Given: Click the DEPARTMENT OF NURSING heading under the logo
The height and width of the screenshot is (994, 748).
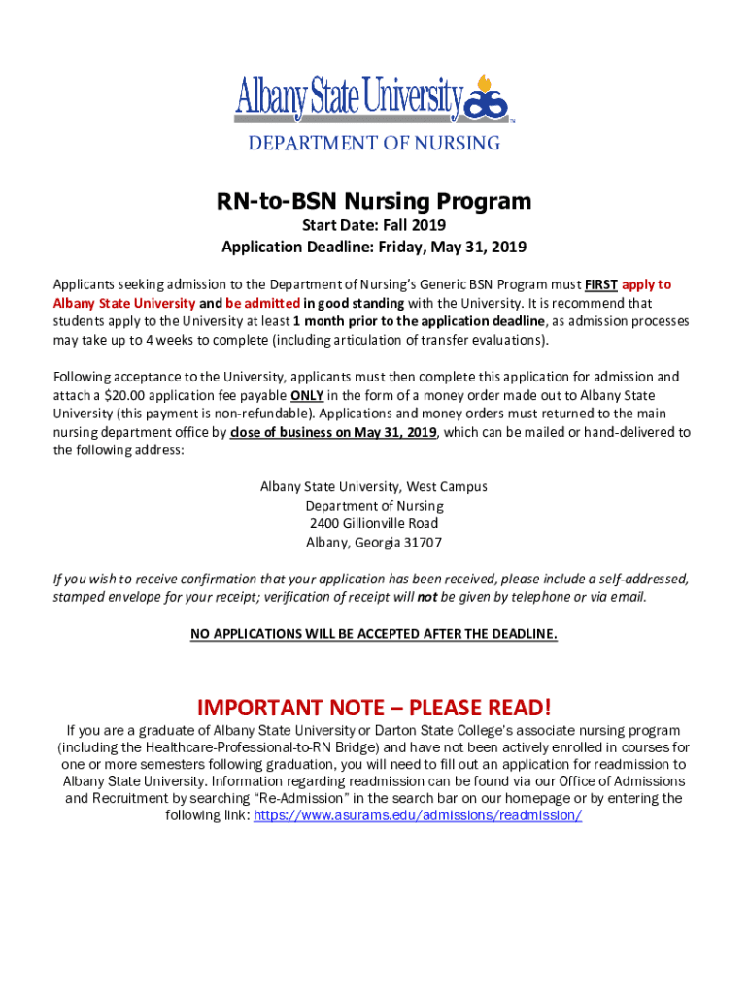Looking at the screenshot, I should (x=374, y=144).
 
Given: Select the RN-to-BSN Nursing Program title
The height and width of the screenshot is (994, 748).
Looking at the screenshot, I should (x=374, y=201).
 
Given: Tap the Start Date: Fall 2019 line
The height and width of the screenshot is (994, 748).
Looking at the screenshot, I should (x=374, y=226).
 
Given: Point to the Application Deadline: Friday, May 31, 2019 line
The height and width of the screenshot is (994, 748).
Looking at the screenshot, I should (x=374, y=247).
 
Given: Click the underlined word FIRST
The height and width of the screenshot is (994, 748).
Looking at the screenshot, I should (x=600, y=284).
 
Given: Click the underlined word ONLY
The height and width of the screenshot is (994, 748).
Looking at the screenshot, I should (x=307, y=395).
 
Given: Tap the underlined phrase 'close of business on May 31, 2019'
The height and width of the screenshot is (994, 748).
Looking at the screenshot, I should (x=334, y=432).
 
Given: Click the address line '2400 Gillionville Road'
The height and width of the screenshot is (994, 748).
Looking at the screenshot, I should (x=374, y=523).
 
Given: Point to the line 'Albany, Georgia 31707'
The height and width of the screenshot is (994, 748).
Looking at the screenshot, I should (x=374, y=542).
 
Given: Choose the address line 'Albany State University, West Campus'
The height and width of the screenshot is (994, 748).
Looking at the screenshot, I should (x=374, y=486).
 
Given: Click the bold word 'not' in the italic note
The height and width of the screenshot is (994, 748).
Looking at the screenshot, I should (x=426, y=597).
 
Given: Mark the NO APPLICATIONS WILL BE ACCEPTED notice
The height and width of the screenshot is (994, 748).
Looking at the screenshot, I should (x=374, y=634).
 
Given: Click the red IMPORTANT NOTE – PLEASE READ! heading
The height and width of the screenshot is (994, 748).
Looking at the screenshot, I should (x=374, y=706).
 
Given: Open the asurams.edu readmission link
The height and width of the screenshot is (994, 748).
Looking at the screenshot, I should (x=418, y=816).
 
